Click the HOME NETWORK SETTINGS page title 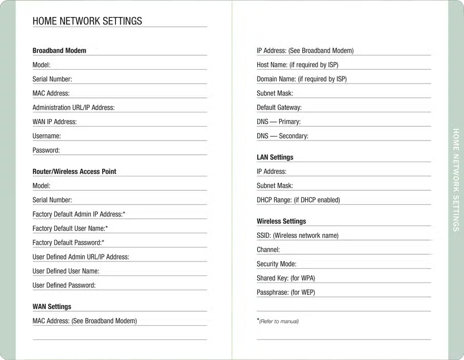coord(87,21)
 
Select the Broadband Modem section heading coord(59,51)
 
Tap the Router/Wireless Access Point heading coord(74,171)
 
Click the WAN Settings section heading coord(52,307)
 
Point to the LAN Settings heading coord(275,157)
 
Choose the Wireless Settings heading coord(281,222)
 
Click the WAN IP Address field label coord(54,122)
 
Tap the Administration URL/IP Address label coord(73,108)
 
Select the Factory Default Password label coord(68,243)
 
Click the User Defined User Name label coord(66,271)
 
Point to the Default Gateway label coord(279,108)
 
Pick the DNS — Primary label coord(279,122)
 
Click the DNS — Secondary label coord(282,136)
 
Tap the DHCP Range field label coord(298,200)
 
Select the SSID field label coord(297,236)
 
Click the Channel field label coord(268,250)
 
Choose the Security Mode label coord(277,264)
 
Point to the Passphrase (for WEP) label coord(286,292)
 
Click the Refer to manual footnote coord(278,322)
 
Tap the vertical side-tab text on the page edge coord(456,179)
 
